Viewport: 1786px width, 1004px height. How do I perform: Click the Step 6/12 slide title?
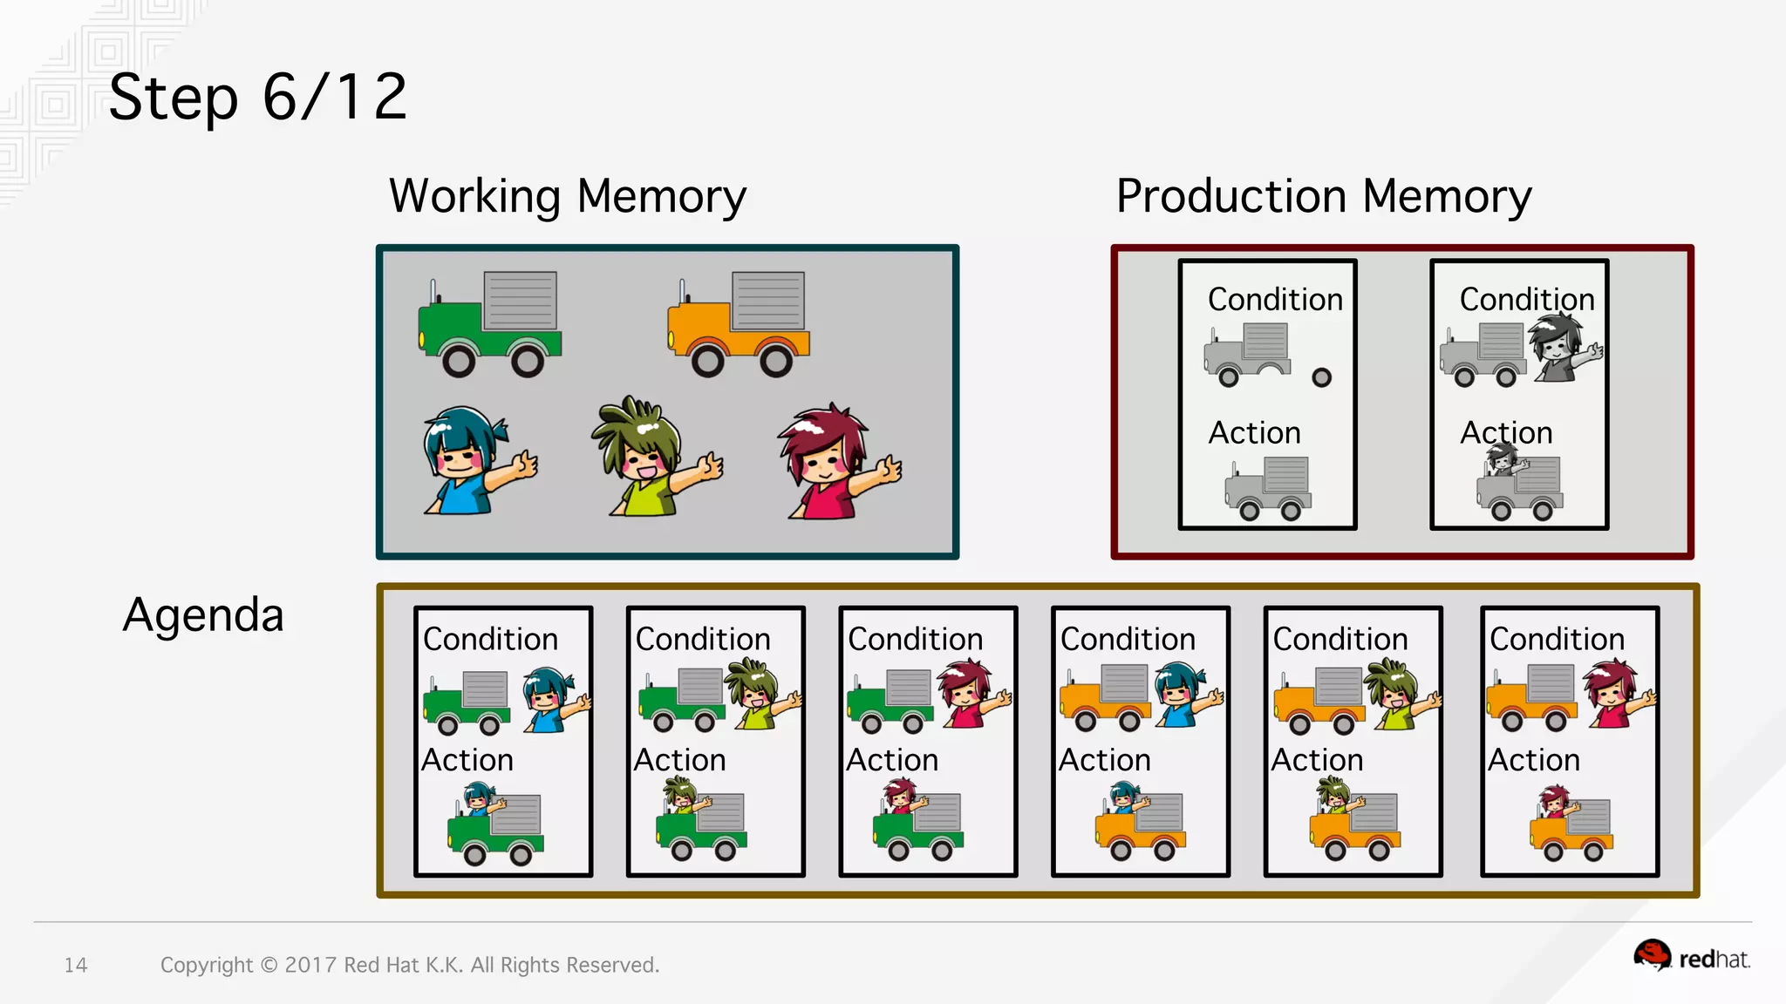[258, 98]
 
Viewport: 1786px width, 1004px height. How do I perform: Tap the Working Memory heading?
[568, 196]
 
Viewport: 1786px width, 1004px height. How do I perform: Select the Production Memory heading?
[1323, 196]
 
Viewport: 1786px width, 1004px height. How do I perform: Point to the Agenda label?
[203, 615]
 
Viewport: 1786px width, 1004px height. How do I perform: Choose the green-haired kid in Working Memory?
[654, 458]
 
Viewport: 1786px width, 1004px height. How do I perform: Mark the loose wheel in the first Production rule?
[1322, 377]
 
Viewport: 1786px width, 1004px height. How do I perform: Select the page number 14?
[76, 965]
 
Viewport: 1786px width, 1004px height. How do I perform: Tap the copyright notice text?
[410, 965]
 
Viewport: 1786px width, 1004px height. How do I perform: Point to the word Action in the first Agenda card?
[467, 760]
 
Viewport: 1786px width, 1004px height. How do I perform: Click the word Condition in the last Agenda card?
[1557, 639]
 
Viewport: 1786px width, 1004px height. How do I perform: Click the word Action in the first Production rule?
[1254, 433]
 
